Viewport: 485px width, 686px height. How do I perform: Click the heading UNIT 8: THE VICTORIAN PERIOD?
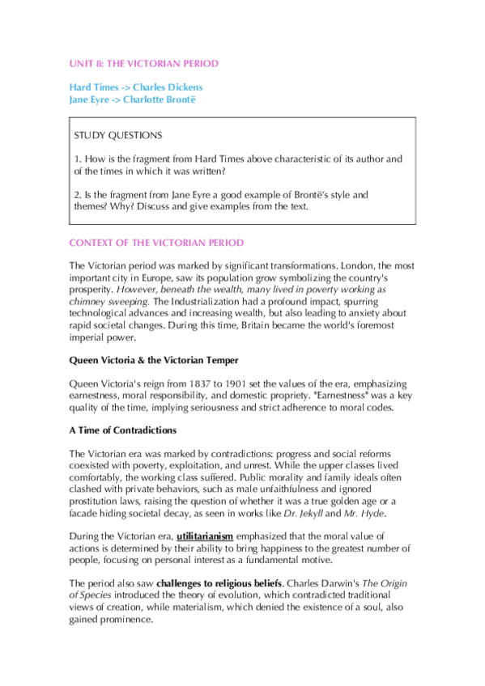coord(144,63)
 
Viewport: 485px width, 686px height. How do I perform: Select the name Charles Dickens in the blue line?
coord(168,87)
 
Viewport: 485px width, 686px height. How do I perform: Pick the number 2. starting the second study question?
coord(77,195)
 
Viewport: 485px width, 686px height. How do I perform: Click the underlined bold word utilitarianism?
coord(206,536)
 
